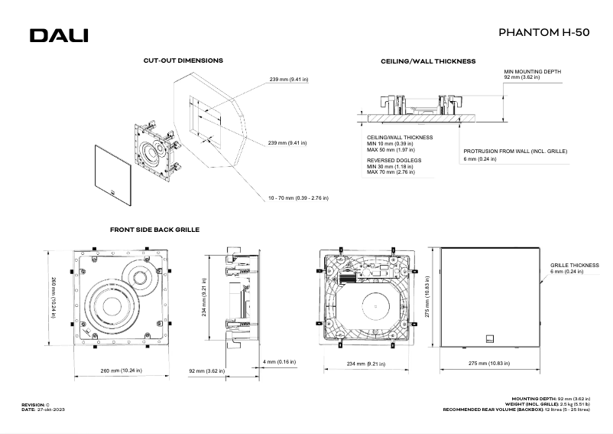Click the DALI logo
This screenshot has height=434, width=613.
[x=59, y=35]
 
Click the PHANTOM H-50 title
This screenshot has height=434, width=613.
[x=543, y=33]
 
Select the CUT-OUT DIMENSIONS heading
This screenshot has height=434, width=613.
[x=183, y=60]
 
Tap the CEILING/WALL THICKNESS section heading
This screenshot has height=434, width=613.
[x=429, y=60]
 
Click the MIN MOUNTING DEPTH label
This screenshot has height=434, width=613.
[x=533, y=71]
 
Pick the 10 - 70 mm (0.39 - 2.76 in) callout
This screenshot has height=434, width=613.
[x=298, y=197]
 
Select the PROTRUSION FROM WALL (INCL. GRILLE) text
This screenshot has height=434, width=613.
[x=515, y=152]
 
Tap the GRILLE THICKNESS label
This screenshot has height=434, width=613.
[x=574, y=266]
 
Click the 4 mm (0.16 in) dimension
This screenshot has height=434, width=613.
[x=280, y=361]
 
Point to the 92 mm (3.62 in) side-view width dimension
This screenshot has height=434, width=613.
[x=206, y=370]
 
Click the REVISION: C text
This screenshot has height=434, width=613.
[x=35, y=403]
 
